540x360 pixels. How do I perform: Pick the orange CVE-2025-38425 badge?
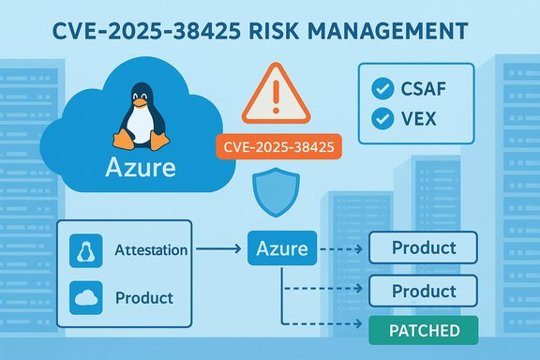click(x=277, y=146)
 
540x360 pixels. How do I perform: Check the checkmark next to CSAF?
click(x=382, y=90)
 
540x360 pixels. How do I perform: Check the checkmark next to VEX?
click(x=382, y=120)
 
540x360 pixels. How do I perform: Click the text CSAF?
click(x=424, y=90)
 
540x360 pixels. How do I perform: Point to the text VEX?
click(x=419, y=120)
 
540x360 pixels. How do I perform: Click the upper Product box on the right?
click(x=425, y=248)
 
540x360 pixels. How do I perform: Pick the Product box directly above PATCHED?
click(x=425, y=291)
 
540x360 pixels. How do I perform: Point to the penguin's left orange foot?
click(x=122, y=139)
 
